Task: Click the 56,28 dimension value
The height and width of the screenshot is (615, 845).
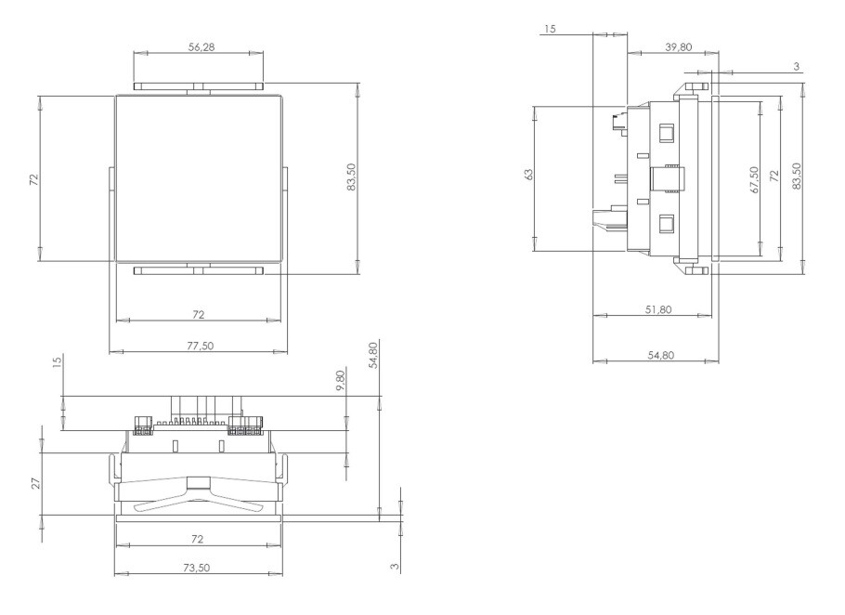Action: point(201,47)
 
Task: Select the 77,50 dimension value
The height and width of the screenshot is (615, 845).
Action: point(200,346)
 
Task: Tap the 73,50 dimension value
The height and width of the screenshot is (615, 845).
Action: point(197,568)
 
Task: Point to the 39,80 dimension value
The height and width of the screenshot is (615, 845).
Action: point(678,47)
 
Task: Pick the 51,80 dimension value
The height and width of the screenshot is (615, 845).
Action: point(658,309)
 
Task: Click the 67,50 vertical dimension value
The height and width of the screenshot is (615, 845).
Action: point(754,179)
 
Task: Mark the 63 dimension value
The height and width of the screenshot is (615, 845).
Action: point(528,174)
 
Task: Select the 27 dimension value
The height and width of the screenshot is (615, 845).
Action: point(35,483)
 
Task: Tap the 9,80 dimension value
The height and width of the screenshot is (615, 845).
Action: point(341,381)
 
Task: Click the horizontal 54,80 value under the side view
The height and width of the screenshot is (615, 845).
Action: point(661,355)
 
